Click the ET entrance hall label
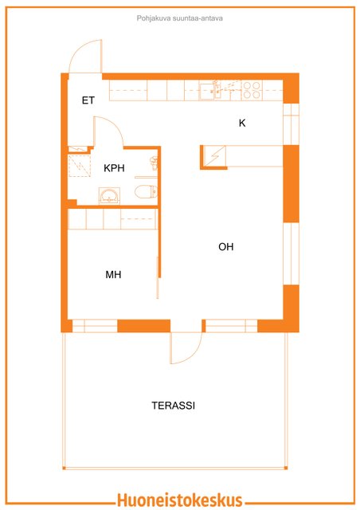88,100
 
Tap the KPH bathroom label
114,168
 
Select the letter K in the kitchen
242,123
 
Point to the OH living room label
226,247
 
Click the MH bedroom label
113,275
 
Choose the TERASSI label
174,406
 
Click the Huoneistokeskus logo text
180,500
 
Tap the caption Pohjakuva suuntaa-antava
179,18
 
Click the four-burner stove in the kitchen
252,90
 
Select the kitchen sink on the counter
206,91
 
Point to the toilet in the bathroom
146,191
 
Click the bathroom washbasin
109,196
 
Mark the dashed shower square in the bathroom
80,166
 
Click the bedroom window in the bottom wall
95,326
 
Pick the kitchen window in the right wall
291,124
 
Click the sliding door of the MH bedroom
158,277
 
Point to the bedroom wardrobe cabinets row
113,219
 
